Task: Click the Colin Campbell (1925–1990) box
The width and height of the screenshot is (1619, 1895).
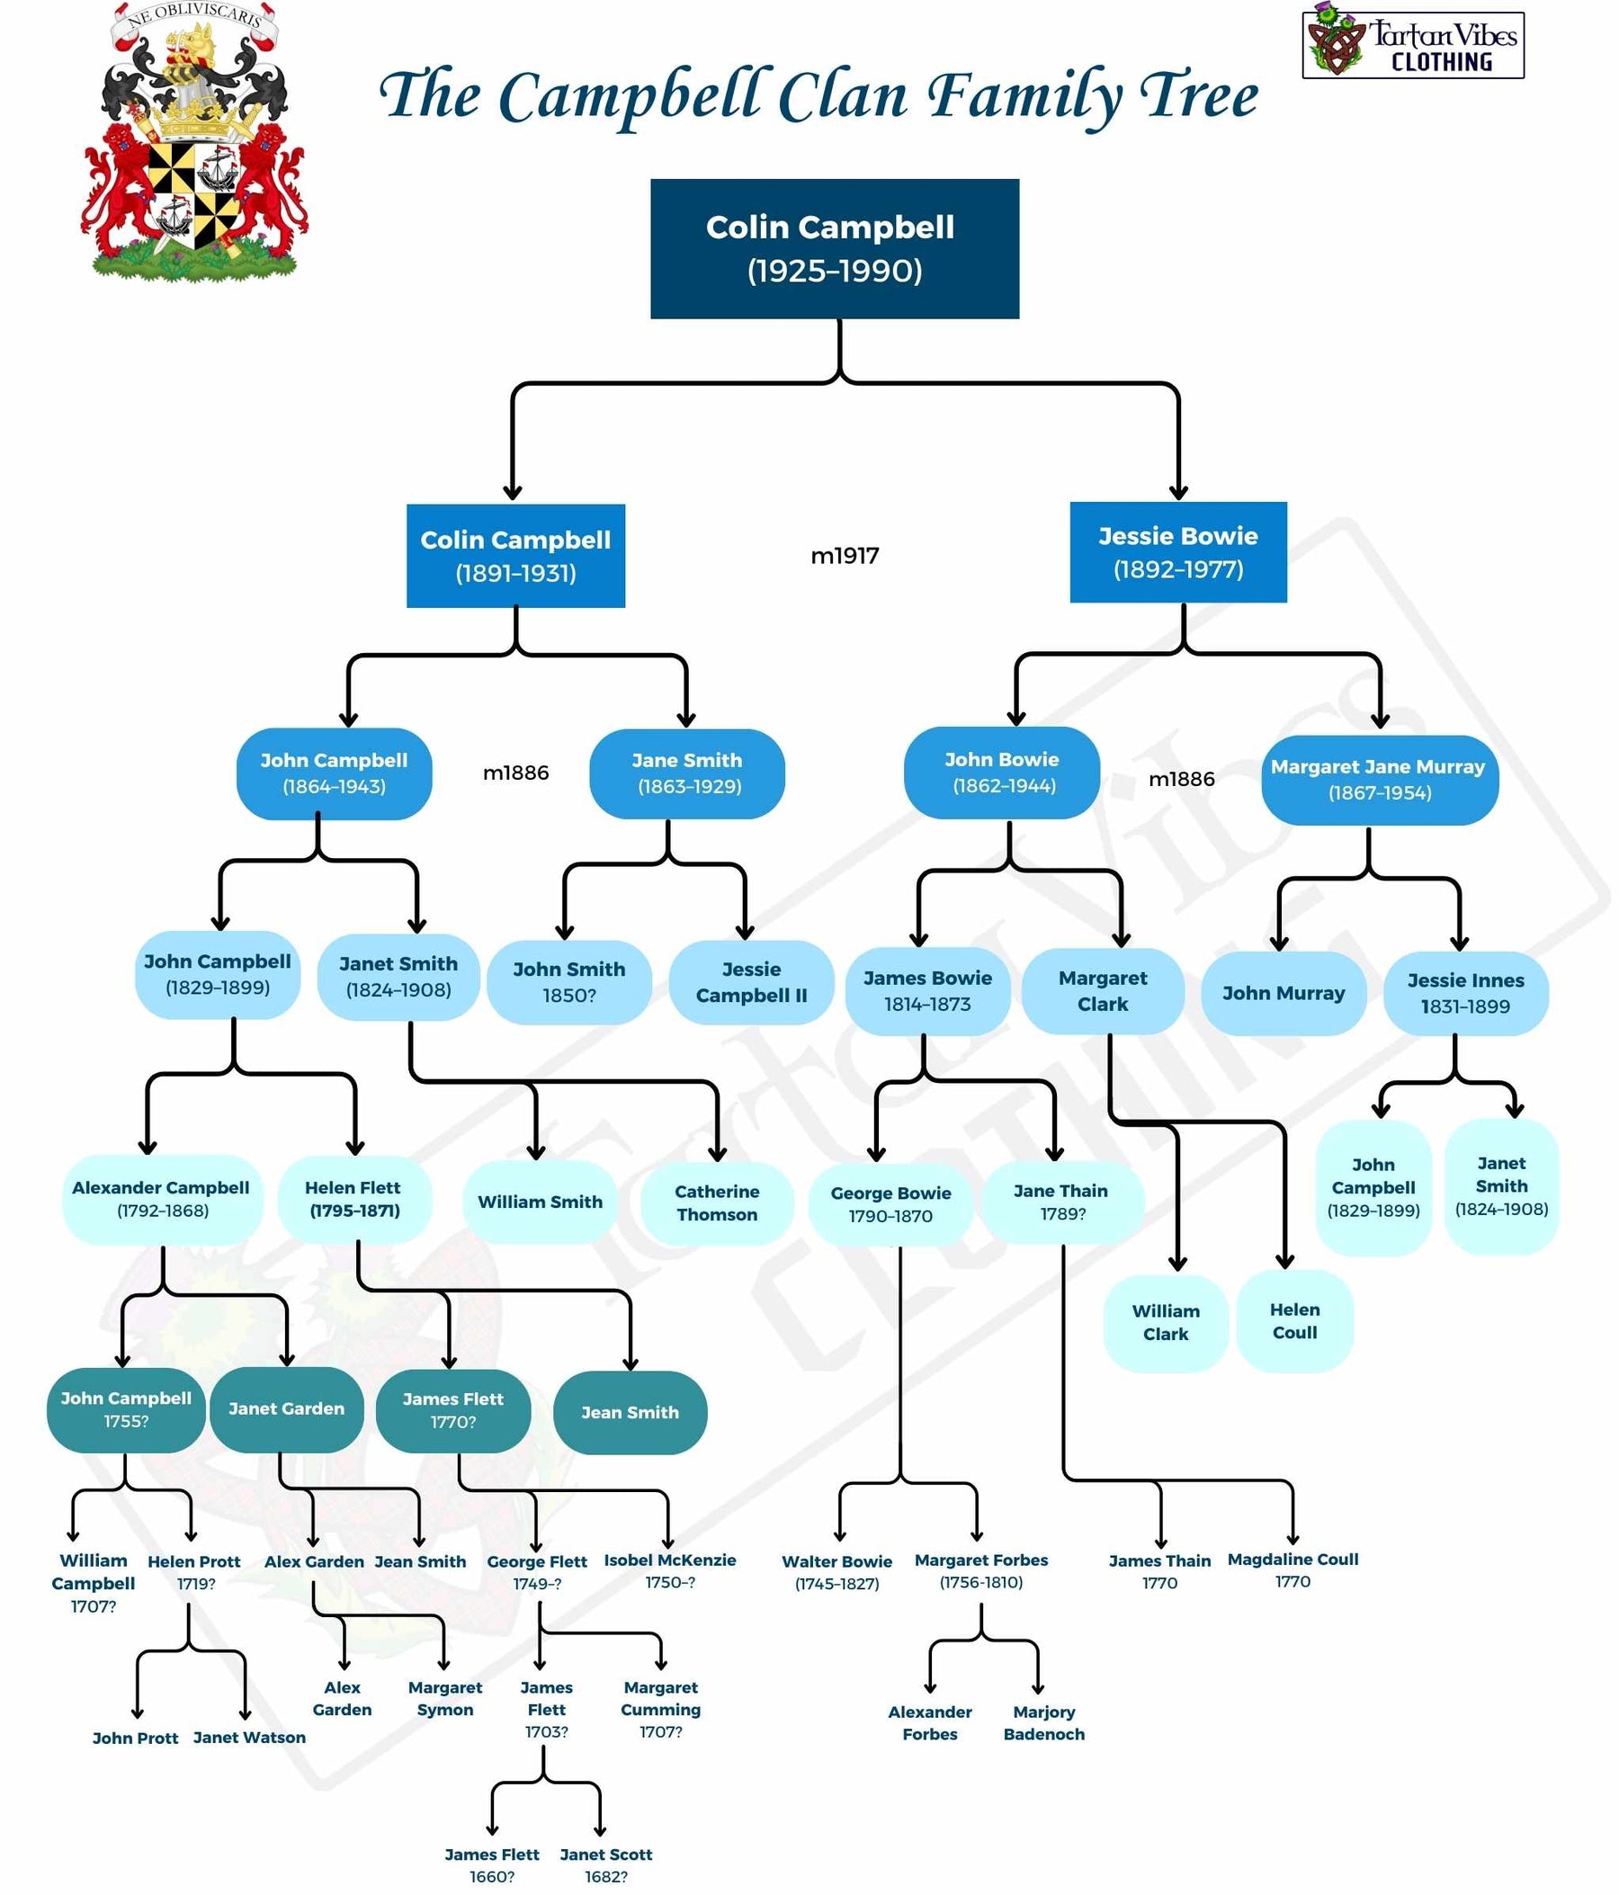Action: point(834,249)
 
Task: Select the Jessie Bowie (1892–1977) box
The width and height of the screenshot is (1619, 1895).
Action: point(1178,552)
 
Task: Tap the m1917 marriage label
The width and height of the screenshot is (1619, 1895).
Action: point(845,556)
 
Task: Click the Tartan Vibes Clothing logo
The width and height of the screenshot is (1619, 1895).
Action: point(1412,45)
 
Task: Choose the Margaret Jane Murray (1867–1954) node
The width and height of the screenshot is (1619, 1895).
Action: point(1379,779)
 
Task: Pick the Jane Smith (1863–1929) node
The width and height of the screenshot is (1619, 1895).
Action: point(687,773)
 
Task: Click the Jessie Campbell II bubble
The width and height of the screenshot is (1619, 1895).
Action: point(751,982)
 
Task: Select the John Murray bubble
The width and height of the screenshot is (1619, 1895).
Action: point(1284,993)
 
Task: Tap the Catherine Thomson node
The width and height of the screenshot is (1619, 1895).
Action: point(716,1202)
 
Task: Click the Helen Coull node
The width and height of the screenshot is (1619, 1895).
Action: point(1294,1320)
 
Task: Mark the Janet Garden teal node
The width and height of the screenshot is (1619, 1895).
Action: point(286,1409)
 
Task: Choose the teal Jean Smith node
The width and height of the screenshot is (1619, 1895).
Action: point(630,1413)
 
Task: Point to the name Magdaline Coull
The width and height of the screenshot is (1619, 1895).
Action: point(1293,1560)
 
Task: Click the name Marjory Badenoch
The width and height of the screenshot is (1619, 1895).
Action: point(1043,1723)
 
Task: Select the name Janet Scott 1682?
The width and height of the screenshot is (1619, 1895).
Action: point(605,1864)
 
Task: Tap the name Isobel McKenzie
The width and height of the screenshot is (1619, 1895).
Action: point(669,1560)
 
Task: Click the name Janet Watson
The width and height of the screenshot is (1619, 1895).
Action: point(249,1738)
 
